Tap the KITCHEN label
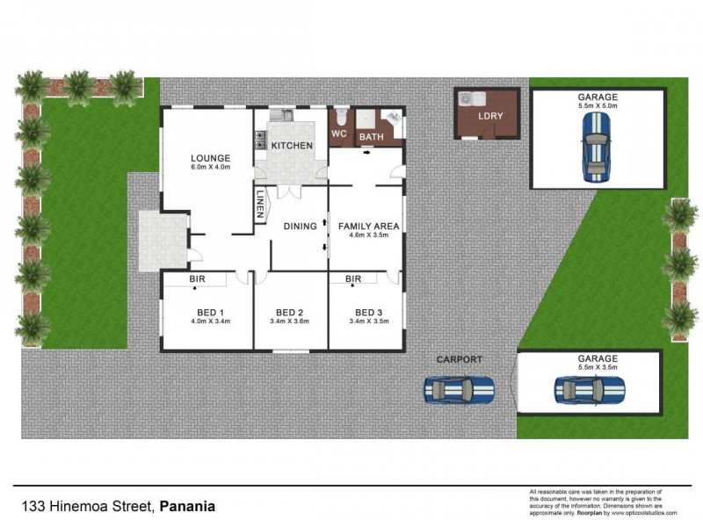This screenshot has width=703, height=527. point(291,145)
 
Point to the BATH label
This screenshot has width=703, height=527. point(371,138)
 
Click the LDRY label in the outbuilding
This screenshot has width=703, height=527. point(489,117)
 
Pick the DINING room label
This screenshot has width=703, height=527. point(300,227)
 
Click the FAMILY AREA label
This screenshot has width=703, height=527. point(369,226)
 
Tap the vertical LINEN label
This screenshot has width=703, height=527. point(261,205)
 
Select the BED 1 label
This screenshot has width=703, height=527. point(210,313)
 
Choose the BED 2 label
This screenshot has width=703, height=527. point(289,313)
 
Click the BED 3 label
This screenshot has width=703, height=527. point(368,313)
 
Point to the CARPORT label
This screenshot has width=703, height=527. point(460,360)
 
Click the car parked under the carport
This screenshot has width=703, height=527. point(459,388)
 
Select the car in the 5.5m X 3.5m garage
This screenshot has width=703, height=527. point(589,388)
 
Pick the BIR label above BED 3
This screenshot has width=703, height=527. point(353,279)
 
